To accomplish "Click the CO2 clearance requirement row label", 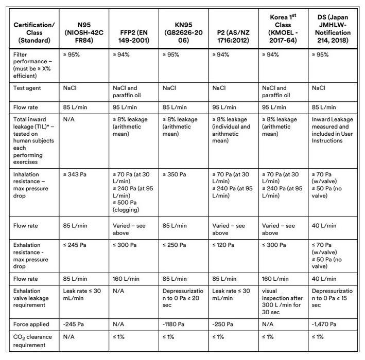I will tap(30, 340).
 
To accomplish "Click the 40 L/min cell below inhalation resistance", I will tap(324, 225).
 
